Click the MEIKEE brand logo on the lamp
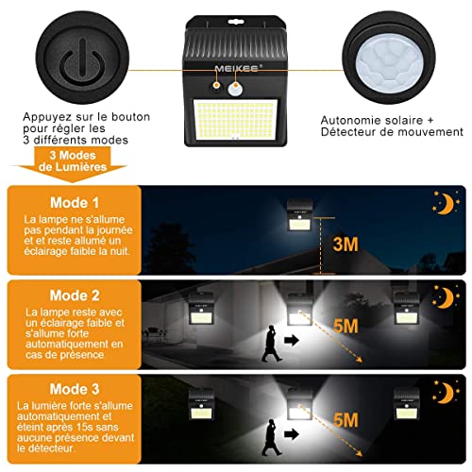tap(237, 69)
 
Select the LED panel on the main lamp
tap(235, 120)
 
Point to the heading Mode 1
tap(75, 203)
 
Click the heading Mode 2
tap(75, 295)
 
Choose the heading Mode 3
tap(75, 389)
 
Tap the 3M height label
tap(346, 244)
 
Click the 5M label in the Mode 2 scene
tap(346, 326)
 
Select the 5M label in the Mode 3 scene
tap(346, 420)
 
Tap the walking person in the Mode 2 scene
tap(271, 344)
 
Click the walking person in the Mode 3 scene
tap(271, 437)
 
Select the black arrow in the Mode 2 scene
tap(292, 340)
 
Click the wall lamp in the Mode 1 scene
tap(299, 215)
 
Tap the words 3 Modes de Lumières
tap(73, 161)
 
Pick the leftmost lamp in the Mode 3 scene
tap(201, 405)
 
